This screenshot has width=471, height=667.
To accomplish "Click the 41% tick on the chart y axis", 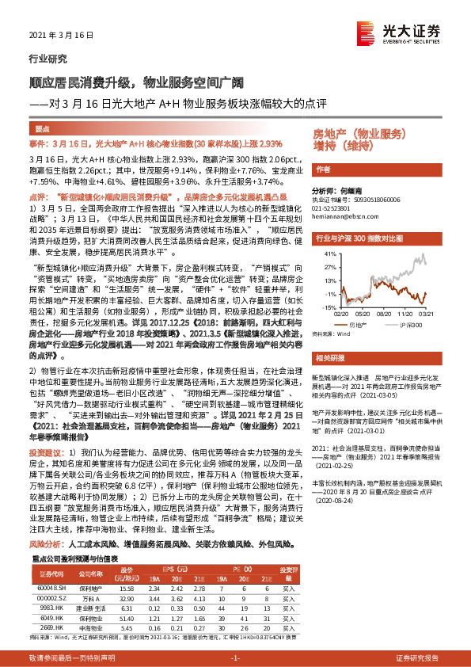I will click(x=325, y=254).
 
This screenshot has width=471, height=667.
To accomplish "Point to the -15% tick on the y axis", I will click(x=325, y=304).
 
